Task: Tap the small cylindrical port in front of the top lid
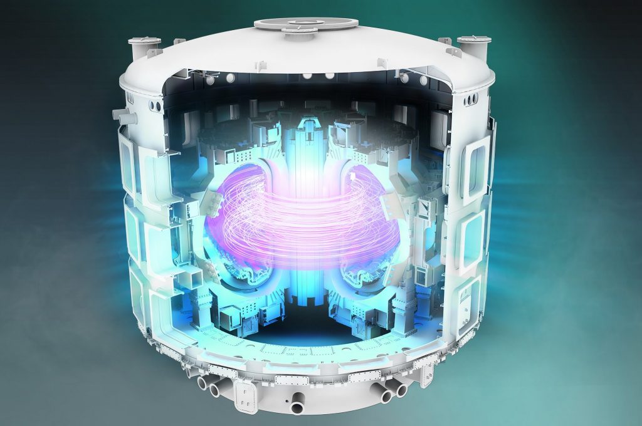point(295,30)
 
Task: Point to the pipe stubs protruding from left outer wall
point(118,115)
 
